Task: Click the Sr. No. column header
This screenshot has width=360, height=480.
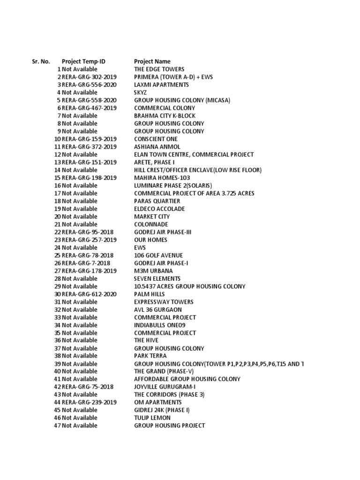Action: pos(41,61)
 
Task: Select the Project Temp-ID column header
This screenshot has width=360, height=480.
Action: pos(83,61)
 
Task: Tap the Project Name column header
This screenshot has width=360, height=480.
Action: pos(152,61)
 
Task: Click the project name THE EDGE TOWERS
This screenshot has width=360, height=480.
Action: pos(159,69)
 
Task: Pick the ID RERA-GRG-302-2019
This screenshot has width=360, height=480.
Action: pos(89,77)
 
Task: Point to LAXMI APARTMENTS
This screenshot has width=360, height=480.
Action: pos(161,85)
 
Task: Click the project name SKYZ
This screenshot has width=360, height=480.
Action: pos(140,92)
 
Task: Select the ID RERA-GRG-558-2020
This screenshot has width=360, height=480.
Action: pos(89,100)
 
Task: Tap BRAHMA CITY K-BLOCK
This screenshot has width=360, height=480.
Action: pos(165,116)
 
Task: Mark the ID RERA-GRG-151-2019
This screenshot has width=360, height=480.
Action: pos(89,162)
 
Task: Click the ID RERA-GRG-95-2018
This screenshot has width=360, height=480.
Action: pos(87,232)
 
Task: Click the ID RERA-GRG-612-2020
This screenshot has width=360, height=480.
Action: pos(89,294)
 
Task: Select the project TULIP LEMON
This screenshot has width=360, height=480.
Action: pos(152,418)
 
